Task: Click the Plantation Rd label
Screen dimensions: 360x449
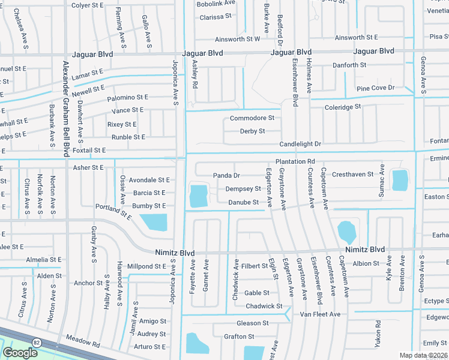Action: [295, 162]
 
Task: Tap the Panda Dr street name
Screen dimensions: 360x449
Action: [226, 175]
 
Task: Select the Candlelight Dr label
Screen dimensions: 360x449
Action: [300, 145]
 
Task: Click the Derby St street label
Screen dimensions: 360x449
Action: [252, 131]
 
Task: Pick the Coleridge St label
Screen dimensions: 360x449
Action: [342, 107]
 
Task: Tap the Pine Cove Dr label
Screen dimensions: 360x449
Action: [375, 88]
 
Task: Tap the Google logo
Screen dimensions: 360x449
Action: [20, 353]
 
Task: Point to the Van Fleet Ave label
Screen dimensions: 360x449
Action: [320, 314]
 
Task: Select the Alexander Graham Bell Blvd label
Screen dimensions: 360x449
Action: [65, 107]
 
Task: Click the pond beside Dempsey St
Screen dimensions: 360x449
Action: [198, 196]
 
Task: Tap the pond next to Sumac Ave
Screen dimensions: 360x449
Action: [399, 179]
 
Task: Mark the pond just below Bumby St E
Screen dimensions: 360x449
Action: [154, 223]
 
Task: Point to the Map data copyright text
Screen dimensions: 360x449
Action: [424, 355]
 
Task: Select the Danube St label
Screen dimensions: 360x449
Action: [243, 202]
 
